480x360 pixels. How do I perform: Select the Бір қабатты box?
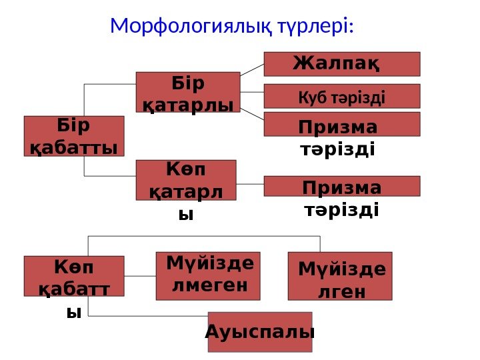pos(74,136)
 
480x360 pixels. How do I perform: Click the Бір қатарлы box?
pos(187,92)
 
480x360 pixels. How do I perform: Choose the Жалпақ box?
pos(342,64)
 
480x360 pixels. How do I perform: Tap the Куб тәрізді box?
pos(342,96)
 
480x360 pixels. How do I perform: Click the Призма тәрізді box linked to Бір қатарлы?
pos(342,125)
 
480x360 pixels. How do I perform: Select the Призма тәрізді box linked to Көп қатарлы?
pos(342,186)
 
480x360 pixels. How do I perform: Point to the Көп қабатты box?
pos(74,276)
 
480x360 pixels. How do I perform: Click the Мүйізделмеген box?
pos(208,276)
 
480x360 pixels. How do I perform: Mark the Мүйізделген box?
pos(340,276)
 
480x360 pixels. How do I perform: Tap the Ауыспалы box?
pos(260,331)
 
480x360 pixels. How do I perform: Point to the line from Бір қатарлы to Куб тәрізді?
pos(252,92)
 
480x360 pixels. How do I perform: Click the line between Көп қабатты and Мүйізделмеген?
pos(140,276)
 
